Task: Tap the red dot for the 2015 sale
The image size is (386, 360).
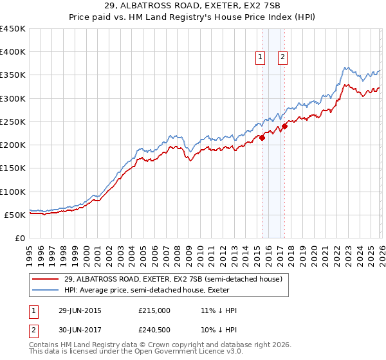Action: (x=262, y=138)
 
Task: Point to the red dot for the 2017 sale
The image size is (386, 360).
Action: (x=284, y=126)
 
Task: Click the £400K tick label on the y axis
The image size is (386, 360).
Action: (x=13, y=52)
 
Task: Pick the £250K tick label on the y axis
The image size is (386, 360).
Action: (x=13, y=122)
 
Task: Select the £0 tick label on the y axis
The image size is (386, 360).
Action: (x=19, y=238)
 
